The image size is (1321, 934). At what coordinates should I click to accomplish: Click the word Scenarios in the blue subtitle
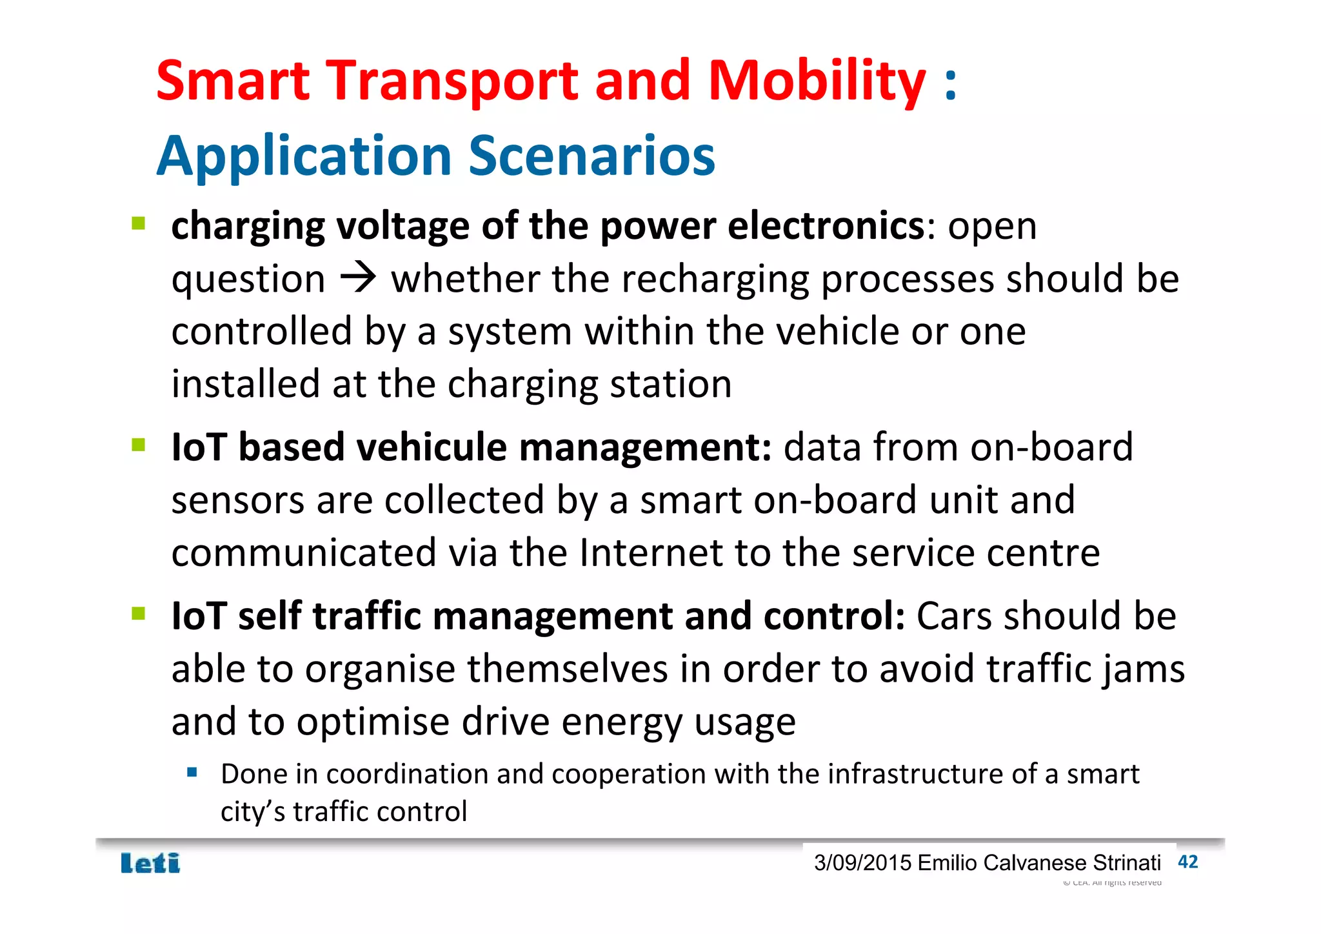coord(591,156)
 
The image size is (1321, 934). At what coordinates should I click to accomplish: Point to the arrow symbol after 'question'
coord(359,279)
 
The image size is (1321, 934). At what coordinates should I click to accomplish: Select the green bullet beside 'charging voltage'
coord(138,224)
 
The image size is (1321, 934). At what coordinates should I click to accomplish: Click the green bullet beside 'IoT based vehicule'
coord(138,445)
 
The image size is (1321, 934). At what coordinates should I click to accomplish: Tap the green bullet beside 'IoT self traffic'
coord(138,613)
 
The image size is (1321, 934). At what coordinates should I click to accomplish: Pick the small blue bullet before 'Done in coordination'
coord(192,772)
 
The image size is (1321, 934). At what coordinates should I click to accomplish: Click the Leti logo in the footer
coord(150,863)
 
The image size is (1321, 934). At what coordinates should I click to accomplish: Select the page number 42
coord(1187,862)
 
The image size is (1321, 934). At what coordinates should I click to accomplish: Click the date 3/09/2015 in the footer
coord(862,863)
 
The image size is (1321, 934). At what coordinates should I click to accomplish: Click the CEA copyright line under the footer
coord(1112,882)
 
